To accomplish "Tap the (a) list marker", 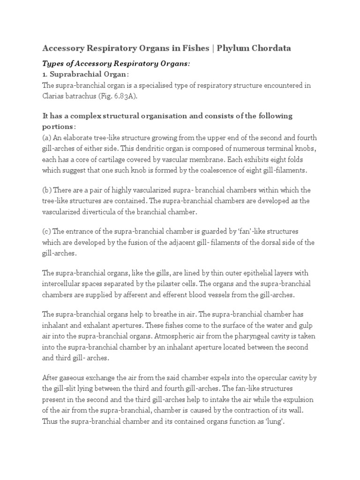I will [x=47, y=137].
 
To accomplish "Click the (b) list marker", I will [x=47, y=190].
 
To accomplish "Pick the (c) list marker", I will [x=47, y=232].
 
